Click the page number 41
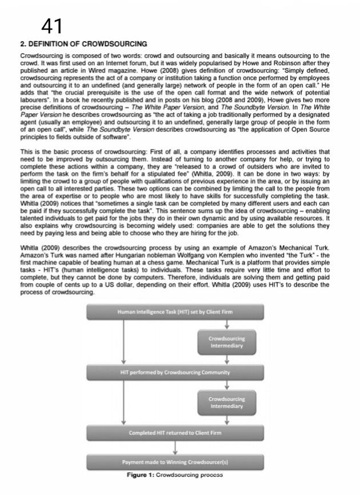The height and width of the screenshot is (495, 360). pyautogui.click(x=52, y=26)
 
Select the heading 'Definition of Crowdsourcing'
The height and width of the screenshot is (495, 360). pyautogui.click(x=83, y=44)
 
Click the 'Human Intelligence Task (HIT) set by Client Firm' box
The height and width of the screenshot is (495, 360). pyautogui.click(x=175, y=312)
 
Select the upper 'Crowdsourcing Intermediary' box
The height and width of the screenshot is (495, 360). pyautogui.click(x=227, y=342)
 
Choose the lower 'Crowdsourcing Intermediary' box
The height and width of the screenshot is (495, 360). pyautogui.click(x=227, y=402)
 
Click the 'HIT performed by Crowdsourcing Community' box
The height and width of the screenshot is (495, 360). pyautogui.click(x=175, y=372)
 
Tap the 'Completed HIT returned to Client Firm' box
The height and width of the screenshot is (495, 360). pyautogui.click(x=175, y=433)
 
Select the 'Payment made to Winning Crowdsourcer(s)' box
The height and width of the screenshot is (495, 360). pyautogui.click(x=175, y=461)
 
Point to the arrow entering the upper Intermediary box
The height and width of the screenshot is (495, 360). pyautogui.click(x=227, y=325)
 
